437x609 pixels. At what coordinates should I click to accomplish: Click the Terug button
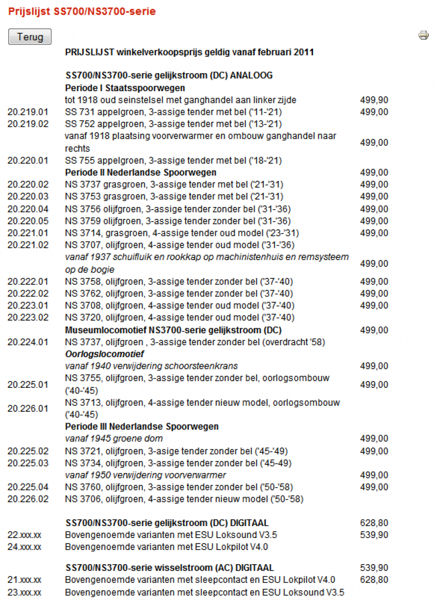click(x=29, y=37)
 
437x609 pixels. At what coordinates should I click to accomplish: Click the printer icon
click(x=423, y=36)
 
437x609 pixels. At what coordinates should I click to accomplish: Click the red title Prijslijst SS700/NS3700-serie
click(x=82, y=11)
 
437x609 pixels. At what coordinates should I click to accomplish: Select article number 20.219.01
click(x=28, y=112)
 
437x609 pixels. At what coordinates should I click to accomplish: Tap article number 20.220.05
click(x=28, y=221)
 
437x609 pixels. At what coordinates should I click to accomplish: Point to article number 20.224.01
click(x=28, y=342)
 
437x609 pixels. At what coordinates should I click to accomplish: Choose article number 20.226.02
click(x=28, y=499)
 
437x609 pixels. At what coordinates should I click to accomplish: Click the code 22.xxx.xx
click(x=25, y=535)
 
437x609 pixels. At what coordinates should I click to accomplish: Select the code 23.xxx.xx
click(x=25, y=592)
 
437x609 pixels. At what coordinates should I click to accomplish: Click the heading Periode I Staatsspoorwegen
click(x=125, y=87)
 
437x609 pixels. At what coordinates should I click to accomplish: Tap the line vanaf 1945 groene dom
click(x=114, y=438)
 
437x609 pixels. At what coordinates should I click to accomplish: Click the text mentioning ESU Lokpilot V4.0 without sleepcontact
click(x=166, y=547)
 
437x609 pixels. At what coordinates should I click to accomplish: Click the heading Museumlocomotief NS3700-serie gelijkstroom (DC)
click(x=173, y=330)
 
